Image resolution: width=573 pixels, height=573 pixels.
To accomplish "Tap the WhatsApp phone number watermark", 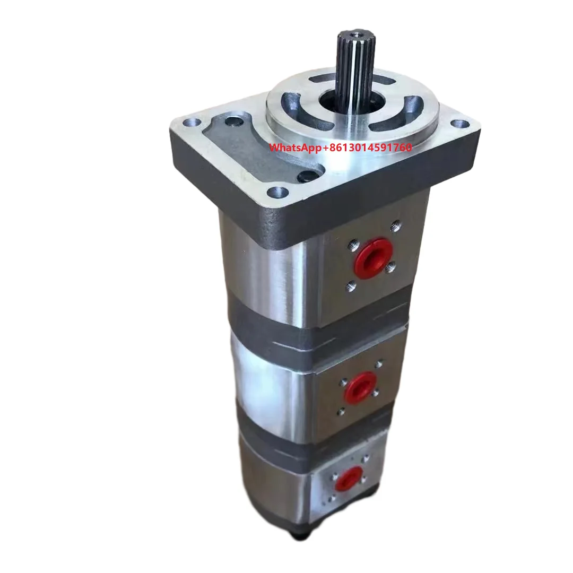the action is click(x=341, y=147).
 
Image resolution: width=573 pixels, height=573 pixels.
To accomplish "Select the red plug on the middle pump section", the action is click(x=361, y=386).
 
